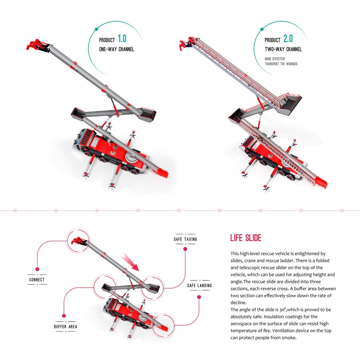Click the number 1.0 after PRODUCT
tap(122, 39)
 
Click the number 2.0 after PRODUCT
tap(288, 39)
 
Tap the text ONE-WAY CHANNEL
tap(116, 49)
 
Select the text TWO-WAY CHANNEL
tap(283, 49)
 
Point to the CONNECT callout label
tap(37, 280)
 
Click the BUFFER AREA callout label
tap(66, 327)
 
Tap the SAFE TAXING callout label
tap(185, 239)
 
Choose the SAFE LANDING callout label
tap(200, 286)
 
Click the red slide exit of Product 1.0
tap(162, 173)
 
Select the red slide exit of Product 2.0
tap(322, 183)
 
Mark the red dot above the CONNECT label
tap(37, 269)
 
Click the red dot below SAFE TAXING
tap(185, 249)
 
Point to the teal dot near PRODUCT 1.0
tap(96, 29)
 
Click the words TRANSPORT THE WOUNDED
tap(281, 64)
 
